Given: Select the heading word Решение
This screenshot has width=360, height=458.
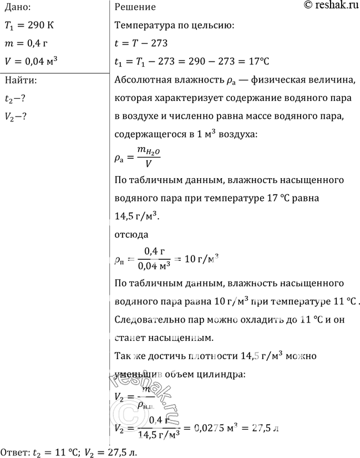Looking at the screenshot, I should (x=135, y=7).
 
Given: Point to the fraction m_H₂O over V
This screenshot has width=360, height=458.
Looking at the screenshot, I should (x=148, y=158).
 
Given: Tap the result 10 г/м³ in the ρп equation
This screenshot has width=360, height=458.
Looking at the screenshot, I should (x=201, y=258).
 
